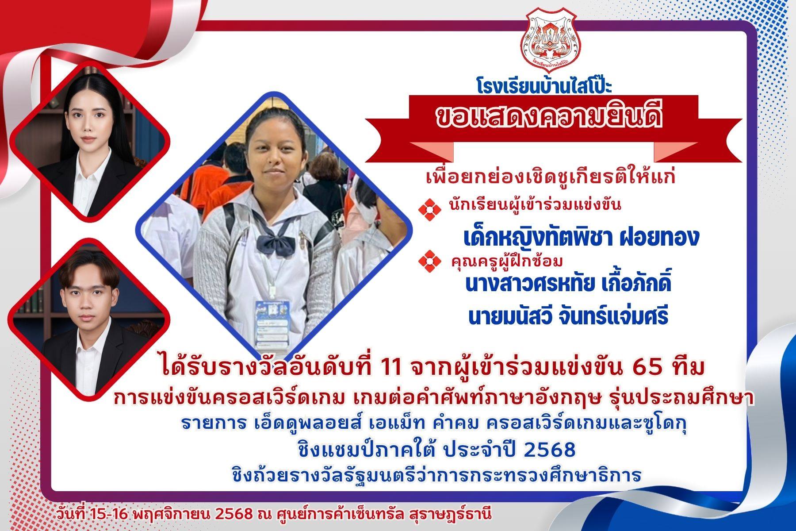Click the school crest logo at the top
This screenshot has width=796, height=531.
coord(550,40)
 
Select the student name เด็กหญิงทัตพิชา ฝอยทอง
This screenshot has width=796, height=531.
coord(581,238)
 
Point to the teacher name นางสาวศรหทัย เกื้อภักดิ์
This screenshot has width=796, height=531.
coord(568,283)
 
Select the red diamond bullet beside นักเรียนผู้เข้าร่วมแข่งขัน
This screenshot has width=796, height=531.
coord(432,208)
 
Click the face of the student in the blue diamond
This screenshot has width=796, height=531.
coord(273,150)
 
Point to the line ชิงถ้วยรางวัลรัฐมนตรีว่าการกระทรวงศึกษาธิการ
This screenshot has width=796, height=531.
coord(436,475)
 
